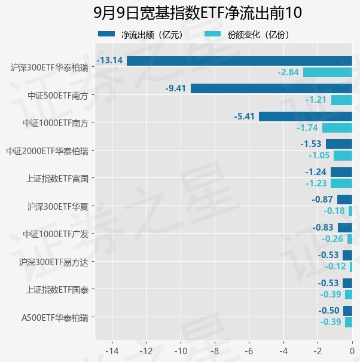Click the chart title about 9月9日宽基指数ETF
click(x=197, y=13)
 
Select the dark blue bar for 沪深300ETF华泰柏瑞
click(x=239, y=61)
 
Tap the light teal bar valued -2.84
click(x=328, y=72)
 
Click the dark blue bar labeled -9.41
click(x=271, y=88)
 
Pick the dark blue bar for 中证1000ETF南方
click(x=306, y=116)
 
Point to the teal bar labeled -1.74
click(x=337, y=128)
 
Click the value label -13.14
click(x=109, y=60)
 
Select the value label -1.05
click(x=319, y=155)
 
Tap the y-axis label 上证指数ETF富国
click(x=57, y=179)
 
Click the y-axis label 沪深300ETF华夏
click(x=58, y=207)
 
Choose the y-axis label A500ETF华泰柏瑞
click(x=55, y=318)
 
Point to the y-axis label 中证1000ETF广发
click(x=56, y=234)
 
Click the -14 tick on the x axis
click(x=112, y=351)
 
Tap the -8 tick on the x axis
click(x=215, y=351)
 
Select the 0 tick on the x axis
click(x=352, y=351)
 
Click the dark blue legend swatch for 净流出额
click(x=106, y=34)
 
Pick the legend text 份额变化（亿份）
click(x=258, y=35)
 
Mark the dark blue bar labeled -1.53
click(x=339, y=144)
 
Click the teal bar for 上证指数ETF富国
click(x=341, y=183)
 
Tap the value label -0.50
click(x=329, y=311)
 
